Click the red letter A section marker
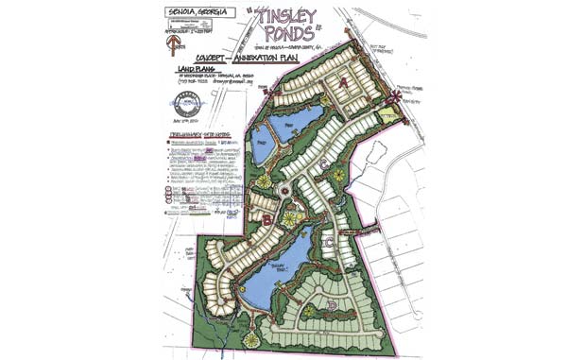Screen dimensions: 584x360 (x=346, y=82)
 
